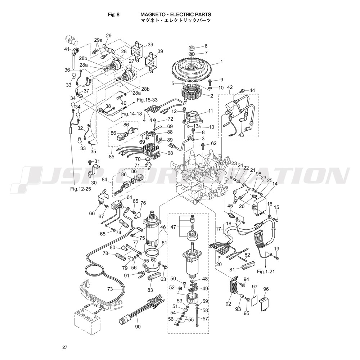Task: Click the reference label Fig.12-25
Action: [80, 188]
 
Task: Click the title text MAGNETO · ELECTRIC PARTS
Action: [176, 15]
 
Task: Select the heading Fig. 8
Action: [114, 15]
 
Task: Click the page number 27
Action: [65, 347]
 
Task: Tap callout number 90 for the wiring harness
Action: [138, 327]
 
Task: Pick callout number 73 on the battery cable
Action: [110, 289]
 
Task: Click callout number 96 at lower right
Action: [266, 289]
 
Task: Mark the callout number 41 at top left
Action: [67, 49]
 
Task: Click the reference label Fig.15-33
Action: [148, 100]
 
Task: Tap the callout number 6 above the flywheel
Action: [206, 46]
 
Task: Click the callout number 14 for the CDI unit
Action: [275, 184]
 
